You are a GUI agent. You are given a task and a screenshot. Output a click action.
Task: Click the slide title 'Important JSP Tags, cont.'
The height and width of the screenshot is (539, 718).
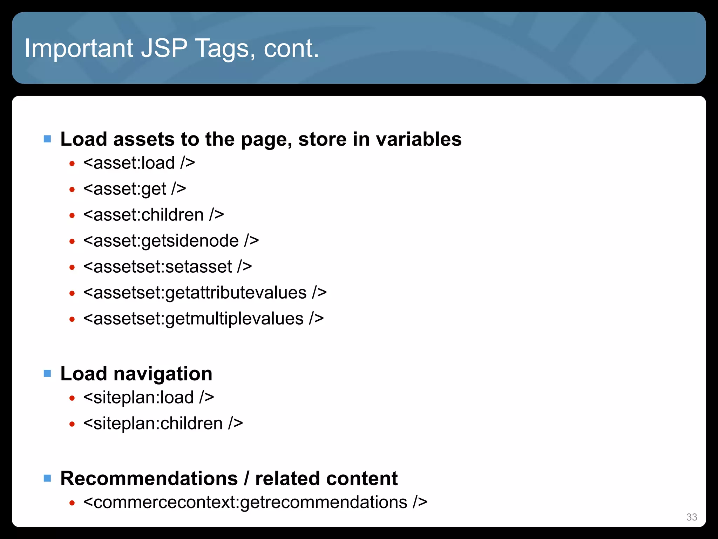[172, 48]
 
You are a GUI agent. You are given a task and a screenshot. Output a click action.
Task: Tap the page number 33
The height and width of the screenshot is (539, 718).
[691, 517]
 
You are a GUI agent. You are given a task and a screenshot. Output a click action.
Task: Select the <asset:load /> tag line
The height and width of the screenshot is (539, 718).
[139, 163]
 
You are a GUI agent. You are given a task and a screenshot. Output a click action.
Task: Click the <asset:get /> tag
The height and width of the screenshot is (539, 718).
[134, 189]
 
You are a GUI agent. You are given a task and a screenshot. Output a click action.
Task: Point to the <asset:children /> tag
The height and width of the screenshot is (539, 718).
[153, 215]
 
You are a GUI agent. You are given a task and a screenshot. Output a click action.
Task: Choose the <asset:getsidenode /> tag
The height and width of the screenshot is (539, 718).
[171, 241]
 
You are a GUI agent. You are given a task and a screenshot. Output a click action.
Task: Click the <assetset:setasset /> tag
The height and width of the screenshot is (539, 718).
[167, 267]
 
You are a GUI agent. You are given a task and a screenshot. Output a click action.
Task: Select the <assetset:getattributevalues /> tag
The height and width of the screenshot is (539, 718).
[205, 293]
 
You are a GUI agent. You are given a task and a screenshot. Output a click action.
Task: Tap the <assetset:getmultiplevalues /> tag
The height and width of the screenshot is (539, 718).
[203, 319]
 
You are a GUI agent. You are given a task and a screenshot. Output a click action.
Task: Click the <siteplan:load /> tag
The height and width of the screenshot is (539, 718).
[148, 397]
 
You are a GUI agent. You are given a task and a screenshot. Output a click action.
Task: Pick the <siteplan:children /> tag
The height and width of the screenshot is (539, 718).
[163, 423]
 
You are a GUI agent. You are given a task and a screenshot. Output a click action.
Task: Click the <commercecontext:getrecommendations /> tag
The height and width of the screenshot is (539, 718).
[255, 502]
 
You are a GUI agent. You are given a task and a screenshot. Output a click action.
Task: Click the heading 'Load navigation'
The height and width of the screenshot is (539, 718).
[136, 373]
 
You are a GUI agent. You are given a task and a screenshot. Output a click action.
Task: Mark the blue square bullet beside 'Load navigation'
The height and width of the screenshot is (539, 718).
[47, 373]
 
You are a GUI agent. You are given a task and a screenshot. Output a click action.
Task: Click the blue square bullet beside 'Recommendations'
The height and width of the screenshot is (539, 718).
[47, 478]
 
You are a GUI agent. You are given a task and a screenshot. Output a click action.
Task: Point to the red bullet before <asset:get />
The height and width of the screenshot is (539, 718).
[72, 189]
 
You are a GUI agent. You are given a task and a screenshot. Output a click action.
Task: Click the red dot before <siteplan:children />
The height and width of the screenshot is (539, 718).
[72, 424]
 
